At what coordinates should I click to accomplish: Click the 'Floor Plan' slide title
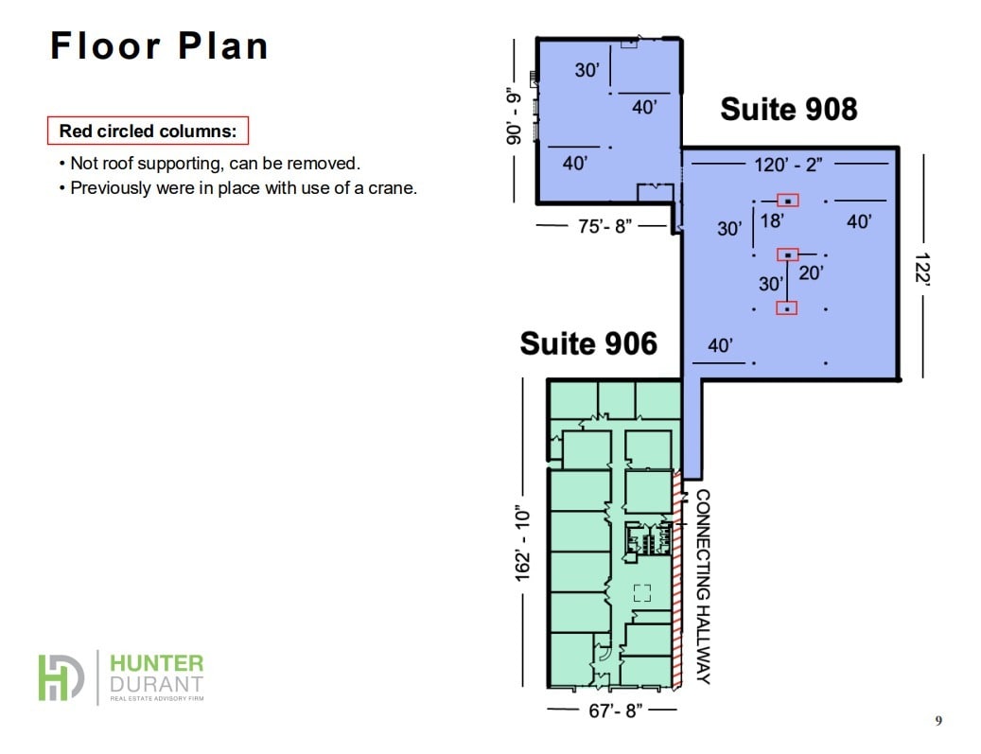pyautogui.click(x=159, y=45)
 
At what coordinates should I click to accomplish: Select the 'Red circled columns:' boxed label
pyautogui.click(x=148, y=131)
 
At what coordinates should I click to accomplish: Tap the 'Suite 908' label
pyautogui.click(x=788, y=109)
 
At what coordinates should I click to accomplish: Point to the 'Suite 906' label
pyautogui.click(x=587, y=342)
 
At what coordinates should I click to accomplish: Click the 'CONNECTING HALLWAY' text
pyautogui.click(x=703, y=586)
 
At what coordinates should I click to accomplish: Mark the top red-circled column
pyautogui.click(x=787, y=201)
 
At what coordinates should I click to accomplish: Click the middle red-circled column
pyautogui.click(x=787, y=254)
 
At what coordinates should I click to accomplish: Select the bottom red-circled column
pyautogui.click(x=787, y=307)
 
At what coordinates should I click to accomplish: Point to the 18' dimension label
pyautogui.click(x=772, y=220)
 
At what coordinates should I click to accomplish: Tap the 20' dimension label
pyautogui.click(x=811, y=273)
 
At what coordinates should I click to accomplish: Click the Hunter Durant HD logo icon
pyautogui.click(x=61, y=677)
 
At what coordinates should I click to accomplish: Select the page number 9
pyautogui.click(x=938, y=721)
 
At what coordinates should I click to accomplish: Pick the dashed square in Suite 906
pyautogui.click(x=642, y=593)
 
